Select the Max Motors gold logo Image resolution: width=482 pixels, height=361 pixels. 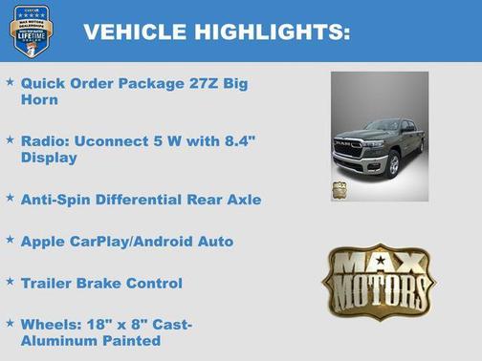pyautogui.click(x=378, y=281)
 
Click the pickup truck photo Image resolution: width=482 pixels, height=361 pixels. pyautogui.click(x=380, y=136)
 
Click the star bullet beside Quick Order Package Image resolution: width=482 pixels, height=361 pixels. pyautogui.click(x=10, y=82)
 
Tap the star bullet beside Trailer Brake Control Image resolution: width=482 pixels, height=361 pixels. pyautogui.click(x=10, y=282)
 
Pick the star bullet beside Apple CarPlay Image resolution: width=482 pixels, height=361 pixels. pyautogui.click(x=10, y=241)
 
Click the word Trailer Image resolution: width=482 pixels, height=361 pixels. pyautogui.click(x=47, y=283)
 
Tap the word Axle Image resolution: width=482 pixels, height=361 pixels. pyautogui.click(x=242, y=200)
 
